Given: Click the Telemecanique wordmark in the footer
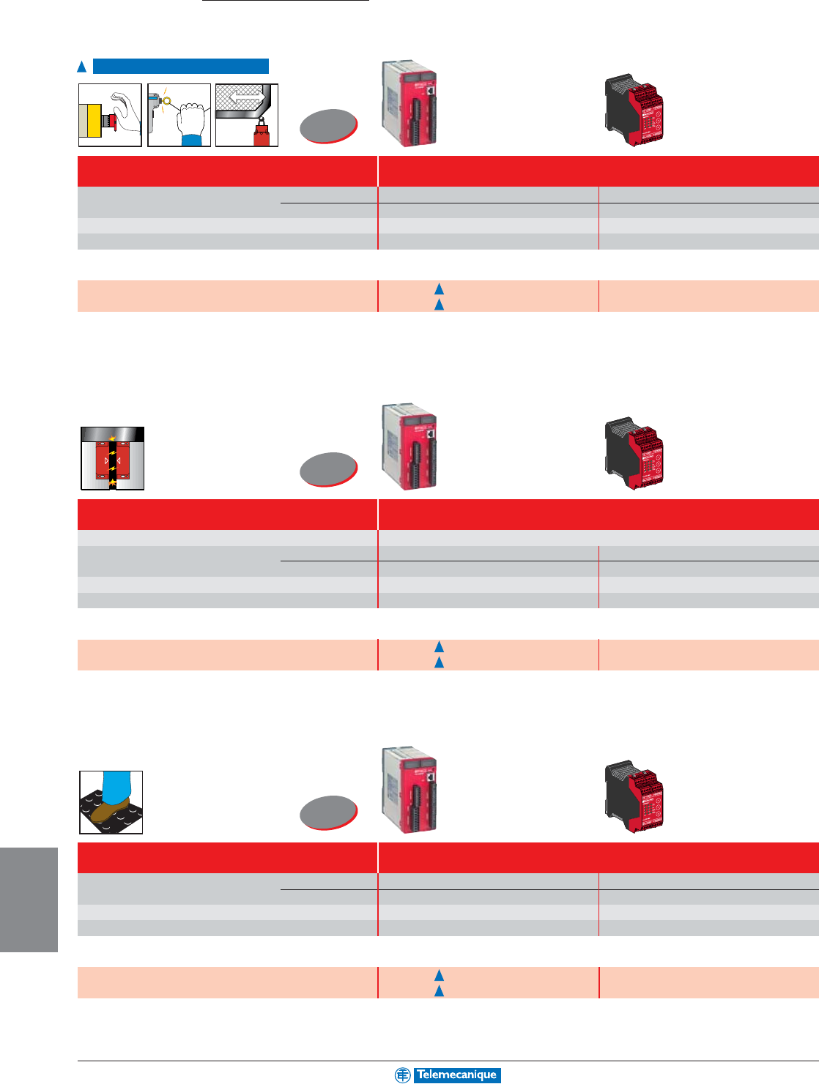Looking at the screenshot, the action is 457,1074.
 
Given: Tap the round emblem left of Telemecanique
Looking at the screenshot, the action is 403,1074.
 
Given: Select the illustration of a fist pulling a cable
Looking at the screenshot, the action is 179,115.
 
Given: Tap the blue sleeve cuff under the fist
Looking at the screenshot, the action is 192,140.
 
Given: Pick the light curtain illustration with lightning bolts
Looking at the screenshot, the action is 112,458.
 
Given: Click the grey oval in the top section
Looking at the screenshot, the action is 329,125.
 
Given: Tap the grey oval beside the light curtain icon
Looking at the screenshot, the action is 329,469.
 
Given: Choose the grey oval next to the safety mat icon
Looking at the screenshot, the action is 329,812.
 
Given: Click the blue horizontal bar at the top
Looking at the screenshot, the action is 181,67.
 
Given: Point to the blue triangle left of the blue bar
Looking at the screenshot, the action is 83,67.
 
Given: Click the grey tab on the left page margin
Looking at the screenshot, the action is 29,900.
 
